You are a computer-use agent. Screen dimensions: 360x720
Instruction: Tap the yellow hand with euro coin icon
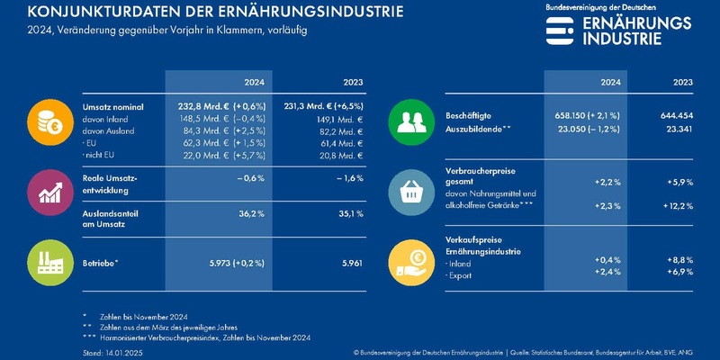(410, 260)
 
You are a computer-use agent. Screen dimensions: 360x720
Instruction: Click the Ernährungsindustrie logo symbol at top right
(560, 30)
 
